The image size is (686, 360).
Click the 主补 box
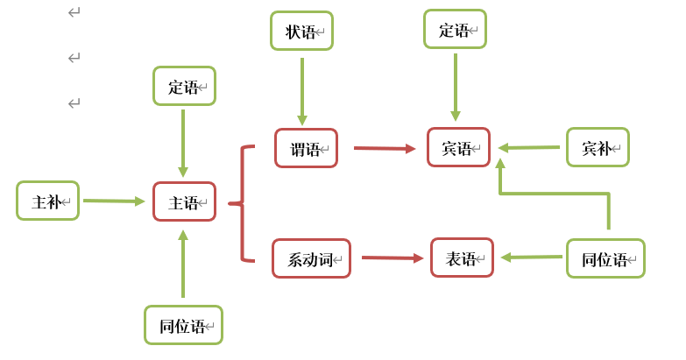[47, 201]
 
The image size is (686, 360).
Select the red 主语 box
[184, 201]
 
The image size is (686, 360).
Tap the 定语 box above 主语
[184, 86]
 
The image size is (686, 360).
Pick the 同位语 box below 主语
[183, 325]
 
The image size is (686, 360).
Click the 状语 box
[301, 31]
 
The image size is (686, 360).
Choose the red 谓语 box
[306, 148]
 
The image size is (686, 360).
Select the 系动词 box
[311, 258]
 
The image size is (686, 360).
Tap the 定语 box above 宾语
[455, 29]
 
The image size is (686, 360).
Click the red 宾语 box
[458, 147]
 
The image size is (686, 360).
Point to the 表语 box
[462, 258]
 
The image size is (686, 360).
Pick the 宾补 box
[598, 147]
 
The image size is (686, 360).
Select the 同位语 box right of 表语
[605, 258]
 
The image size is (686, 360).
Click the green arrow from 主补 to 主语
[114, 201]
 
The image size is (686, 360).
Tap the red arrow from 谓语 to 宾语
[385, 148]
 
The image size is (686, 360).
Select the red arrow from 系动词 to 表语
[392, 258]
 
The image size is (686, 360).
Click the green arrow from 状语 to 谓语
[302, 91]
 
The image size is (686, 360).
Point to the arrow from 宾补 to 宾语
[529, 147]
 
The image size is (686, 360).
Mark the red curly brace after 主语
[241, 203]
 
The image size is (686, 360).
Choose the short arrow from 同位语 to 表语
[532, 257]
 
